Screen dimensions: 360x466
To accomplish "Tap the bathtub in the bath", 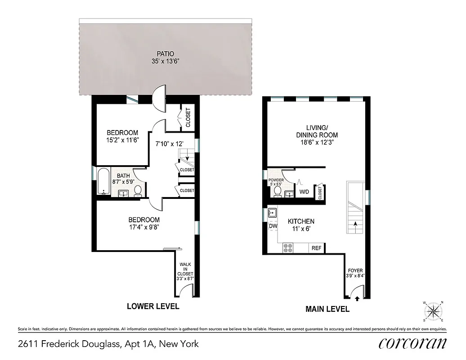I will (103, 182).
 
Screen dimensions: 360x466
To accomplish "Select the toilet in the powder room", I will (278, 191).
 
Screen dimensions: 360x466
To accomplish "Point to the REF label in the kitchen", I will (316, 248).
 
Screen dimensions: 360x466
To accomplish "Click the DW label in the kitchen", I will (273, 226).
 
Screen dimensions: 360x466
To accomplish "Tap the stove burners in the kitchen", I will (287, 248).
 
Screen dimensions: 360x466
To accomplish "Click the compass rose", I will (434, 310).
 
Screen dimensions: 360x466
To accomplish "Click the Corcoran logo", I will (412, 343).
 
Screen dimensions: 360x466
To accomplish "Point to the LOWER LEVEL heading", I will (153, 306).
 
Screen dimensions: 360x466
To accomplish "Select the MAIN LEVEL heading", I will (327, 309).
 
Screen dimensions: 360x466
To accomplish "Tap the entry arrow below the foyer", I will (357, 298).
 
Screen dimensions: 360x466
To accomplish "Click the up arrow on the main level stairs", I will (355, 224).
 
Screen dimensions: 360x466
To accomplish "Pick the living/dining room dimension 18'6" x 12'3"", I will (317, 143).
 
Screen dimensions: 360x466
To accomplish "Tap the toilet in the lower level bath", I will (138, 191).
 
